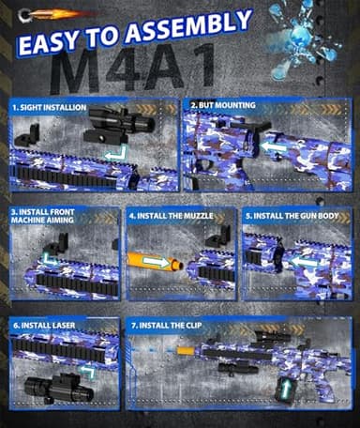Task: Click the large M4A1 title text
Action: tap(137, 69)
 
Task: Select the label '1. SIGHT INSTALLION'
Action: tap(51, 108)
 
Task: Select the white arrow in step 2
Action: tap(272, 146)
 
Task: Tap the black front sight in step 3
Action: tap(57, 244)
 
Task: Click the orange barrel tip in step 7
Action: tap(185, 351)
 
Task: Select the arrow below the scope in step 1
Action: tap(114, 153)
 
